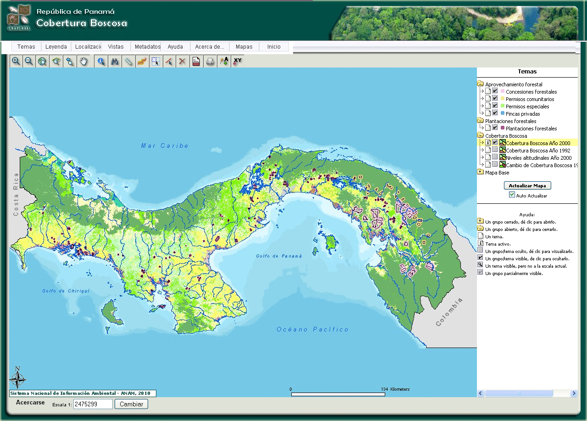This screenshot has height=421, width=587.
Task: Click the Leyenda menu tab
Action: tap(56, 47)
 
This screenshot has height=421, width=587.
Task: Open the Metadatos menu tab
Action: tap(147, 47)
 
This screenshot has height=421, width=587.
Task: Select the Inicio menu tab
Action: tap(274, 47)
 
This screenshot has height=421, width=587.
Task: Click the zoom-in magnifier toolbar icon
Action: tap(16, 61)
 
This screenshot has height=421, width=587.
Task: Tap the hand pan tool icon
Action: tap(83, 61)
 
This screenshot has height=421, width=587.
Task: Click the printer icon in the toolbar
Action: tap(210, 61)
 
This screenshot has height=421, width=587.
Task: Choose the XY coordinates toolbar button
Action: tap(237, 61)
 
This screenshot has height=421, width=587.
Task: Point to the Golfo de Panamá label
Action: tap(279, 256)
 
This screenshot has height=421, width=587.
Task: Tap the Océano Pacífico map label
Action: tap(312, 330)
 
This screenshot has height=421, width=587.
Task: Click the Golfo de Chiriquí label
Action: tap(66, 291)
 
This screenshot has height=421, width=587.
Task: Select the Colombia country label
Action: tap(449, 312)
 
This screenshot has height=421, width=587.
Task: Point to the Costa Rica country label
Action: tap(16, 194)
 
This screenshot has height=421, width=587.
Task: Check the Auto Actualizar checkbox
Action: tap(512, 195)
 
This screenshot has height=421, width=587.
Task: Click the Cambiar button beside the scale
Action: tap(131, 404)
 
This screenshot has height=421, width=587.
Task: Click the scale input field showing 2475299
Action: tap(93, 404)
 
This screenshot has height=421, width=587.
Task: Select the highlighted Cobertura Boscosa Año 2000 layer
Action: tap(538, 143)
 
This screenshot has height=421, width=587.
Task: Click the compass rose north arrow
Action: tap(17, 378)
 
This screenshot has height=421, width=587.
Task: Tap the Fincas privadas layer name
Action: tap(523, 114)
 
